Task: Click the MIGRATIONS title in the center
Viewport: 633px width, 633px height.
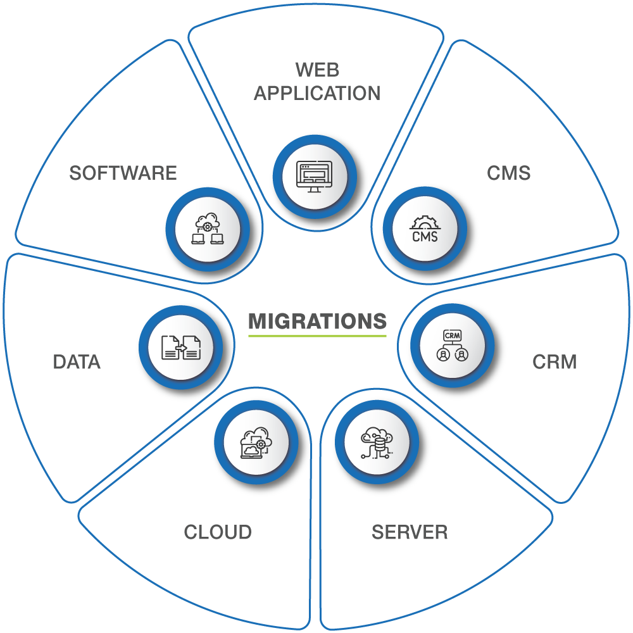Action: pos(317,322)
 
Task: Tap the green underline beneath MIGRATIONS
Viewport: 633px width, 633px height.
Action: pos(317,336)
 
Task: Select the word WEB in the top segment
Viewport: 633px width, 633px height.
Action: pos(317,68)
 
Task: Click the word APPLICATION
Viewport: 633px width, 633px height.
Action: pos(317,93)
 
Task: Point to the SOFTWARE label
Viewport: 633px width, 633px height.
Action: pos(123,173)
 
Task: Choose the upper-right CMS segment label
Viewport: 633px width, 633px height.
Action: pos(508,173)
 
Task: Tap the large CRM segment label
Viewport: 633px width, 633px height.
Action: pos(555,362)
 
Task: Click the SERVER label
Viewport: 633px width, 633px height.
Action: pos(410,532)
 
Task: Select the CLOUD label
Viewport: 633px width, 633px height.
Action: pos(218,532)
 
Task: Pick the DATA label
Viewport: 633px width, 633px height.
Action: pos(77,362)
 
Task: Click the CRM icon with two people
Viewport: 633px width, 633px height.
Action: pos(452,346)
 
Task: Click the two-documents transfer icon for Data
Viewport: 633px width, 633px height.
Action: pos(181,348)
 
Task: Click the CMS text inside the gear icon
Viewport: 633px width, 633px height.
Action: pos(425,236)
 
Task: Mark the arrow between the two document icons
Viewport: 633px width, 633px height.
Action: pos(181,348)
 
